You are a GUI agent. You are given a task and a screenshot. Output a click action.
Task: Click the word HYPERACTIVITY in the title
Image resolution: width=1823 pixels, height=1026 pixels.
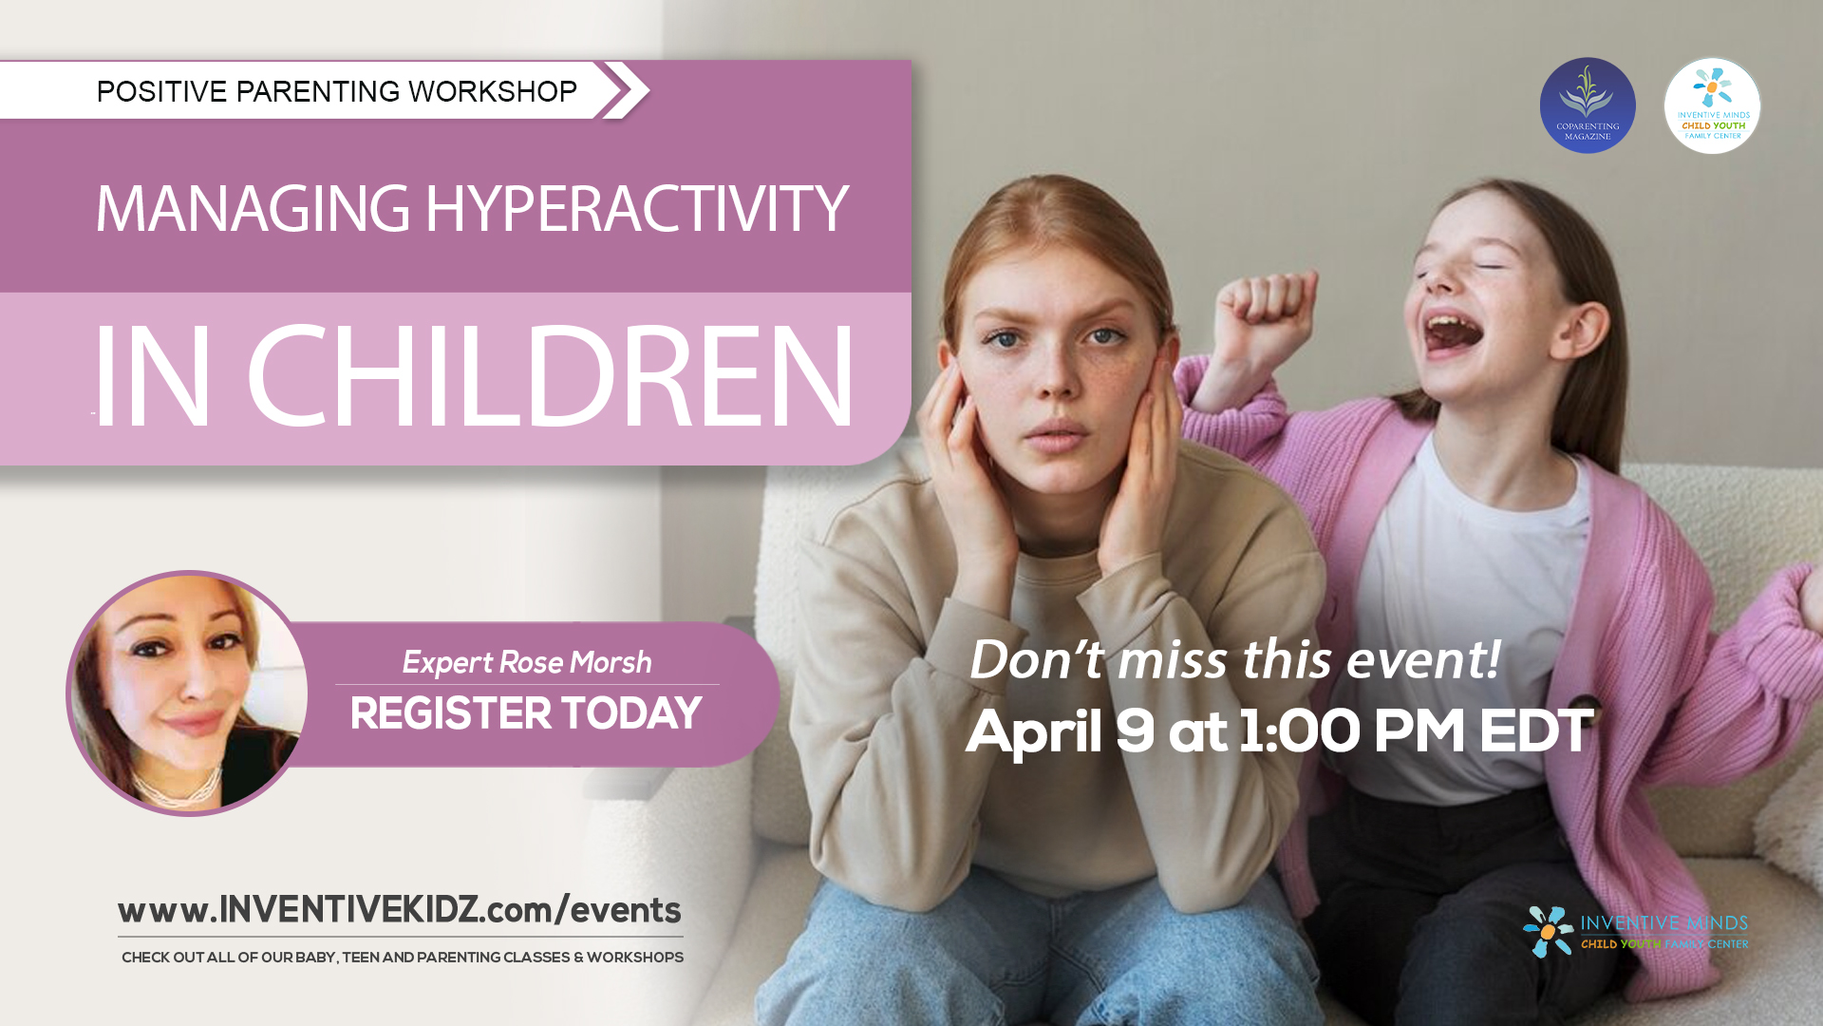635,209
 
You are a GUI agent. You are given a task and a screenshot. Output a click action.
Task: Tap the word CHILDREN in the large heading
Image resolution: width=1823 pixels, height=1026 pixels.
550,377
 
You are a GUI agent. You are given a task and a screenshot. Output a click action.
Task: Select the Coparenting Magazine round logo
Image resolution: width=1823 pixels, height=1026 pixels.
1588,105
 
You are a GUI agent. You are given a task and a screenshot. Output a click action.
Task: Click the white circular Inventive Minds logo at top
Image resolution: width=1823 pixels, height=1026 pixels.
1712,105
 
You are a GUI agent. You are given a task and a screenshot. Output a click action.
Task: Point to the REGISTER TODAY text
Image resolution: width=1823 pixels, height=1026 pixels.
525,714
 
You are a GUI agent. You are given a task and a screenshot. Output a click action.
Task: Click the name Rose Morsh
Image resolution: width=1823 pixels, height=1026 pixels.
574,662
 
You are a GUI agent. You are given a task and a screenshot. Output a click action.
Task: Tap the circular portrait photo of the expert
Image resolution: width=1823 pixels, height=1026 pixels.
189,693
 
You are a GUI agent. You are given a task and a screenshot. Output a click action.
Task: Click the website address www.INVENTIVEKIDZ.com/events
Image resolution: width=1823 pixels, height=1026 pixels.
399,910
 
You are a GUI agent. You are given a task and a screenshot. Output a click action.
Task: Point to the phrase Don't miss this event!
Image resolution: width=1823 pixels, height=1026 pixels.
1233,659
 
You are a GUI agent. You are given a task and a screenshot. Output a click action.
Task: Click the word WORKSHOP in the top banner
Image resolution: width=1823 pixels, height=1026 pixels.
492,91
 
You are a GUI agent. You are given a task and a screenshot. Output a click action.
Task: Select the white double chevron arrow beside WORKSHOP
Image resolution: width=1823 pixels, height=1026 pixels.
625,90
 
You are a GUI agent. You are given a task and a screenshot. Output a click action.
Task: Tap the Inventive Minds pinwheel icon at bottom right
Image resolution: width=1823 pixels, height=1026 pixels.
1548,931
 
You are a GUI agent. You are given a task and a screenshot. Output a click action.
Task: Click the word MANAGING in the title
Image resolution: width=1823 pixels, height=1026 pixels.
253,209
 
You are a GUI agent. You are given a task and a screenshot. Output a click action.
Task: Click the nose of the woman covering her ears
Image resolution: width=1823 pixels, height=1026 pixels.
1054,380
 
